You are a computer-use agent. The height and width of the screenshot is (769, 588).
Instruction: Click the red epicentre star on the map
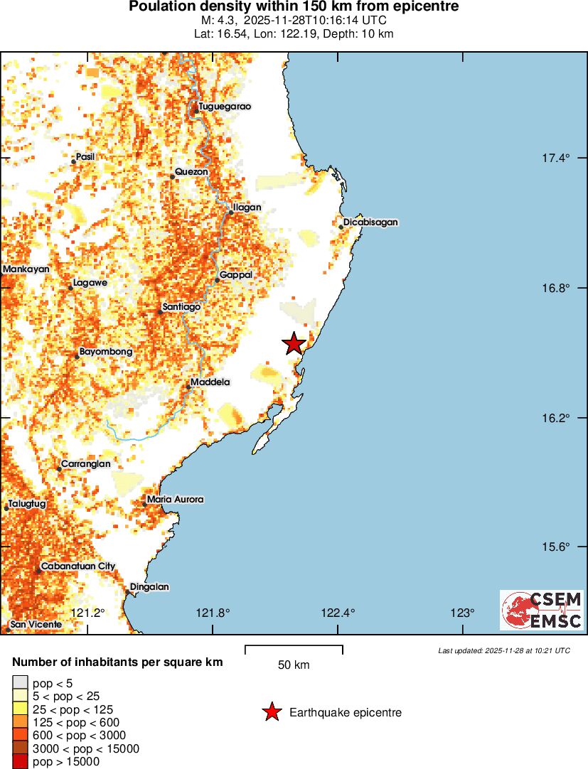[x=294, y=343]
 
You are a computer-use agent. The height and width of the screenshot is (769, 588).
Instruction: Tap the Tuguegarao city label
[x=225, y=107]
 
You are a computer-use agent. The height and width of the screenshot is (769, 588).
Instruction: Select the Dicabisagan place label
[x=370, y=222]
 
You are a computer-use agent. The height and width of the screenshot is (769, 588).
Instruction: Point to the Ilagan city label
[x=247, y=208]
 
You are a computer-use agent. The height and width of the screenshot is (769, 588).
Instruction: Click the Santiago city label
[x=181, y=307]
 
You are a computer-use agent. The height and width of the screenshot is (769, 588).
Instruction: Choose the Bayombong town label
[x=105, y=352]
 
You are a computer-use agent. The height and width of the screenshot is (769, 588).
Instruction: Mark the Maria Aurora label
[x=175, y=500]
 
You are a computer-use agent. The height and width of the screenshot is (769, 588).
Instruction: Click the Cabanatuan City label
[x=77, y=566]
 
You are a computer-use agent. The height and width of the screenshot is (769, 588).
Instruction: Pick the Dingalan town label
[x=149, y=587]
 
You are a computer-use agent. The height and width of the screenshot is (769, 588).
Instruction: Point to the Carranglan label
[x=85, y=464]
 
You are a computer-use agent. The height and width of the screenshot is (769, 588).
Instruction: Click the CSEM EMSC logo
[x=542, y=611]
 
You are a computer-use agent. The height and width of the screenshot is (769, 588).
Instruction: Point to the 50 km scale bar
[x=294, y=649]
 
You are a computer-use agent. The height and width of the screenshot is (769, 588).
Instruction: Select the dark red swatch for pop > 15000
[x=20, y=762]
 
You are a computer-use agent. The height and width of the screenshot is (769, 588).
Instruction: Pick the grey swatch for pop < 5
[x=20, y=684]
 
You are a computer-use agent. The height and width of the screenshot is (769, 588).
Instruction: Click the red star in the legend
[x=272, y=712]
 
